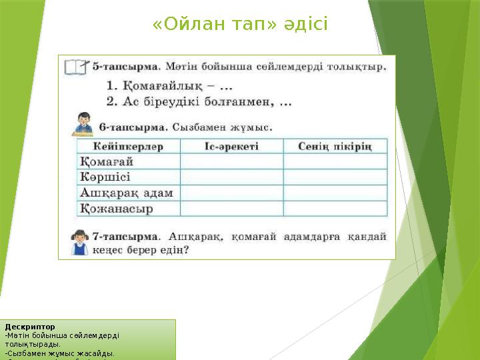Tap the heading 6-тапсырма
(131, 126)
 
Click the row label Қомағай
(107, 161)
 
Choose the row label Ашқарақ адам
(127, 193)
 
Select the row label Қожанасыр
(117, 209)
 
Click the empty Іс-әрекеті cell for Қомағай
(231, 161)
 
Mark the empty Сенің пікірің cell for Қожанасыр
(335, 209)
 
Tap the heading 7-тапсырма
(125, 236)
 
